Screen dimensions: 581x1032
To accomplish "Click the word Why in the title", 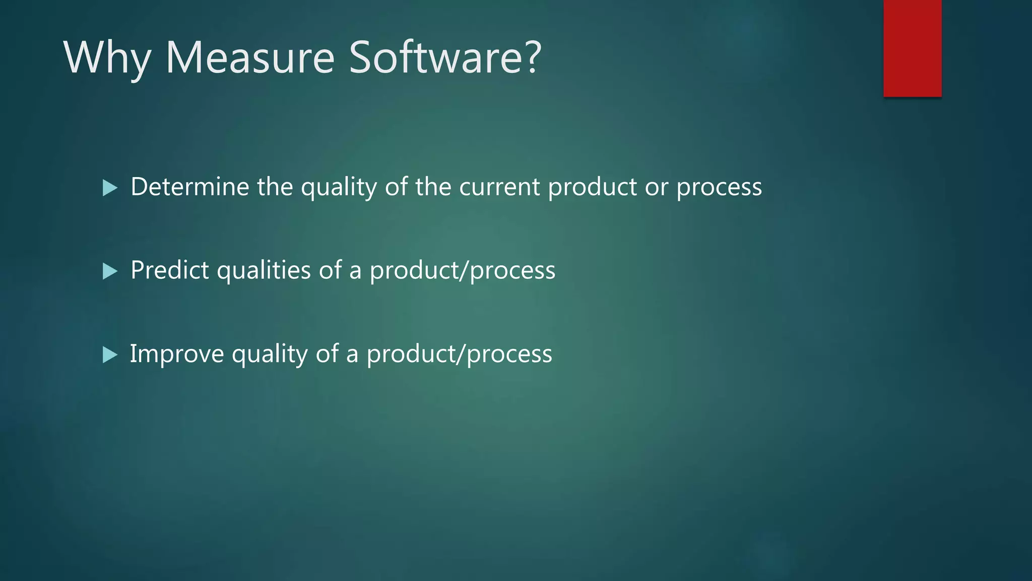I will pyautogui.click(x=107, y=58).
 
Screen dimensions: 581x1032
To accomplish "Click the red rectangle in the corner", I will pyautogui.click(x=912, y=48).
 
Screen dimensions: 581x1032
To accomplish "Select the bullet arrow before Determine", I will pyautogui.click(x=109, y=188).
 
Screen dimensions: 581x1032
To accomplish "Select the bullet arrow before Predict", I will pyautogui.click(x=109, y=271).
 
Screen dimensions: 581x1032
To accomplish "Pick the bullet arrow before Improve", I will pyautogui.click(x=109, y=355).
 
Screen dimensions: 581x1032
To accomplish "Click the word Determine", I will pyautogui.click(x=190, y=187).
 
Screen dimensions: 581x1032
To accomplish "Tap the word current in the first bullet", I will pyautogui.click(x=499, y=187).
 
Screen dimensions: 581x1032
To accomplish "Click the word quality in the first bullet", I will pyautogui.click(x=339, y=188).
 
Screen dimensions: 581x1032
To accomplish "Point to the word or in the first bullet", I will pyautogui.click(x=657, y=187).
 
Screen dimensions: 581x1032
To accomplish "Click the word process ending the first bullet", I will pyautogui.click(x=719, y=188).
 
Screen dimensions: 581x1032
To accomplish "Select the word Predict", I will pyautogui.click(x=169, y=270).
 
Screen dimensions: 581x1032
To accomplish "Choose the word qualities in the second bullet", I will pyautogui.click(x=264, y=271).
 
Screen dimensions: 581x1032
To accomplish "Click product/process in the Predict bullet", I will pyautogui.click(x=462, y=271).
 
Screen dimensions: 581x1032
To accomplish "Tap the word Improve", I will pyautogui.click(x=177, y=354).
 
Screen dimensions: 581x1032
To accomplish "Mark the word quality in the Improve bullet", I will pyautogui.click(x=269, y=354).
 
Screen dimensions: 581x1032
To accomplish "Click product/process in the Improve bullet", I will pyautogui.click(x=459, y=354).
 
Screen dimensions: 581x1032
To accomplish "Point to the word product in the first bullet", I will pyautogui.click(x=592, y=188).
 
